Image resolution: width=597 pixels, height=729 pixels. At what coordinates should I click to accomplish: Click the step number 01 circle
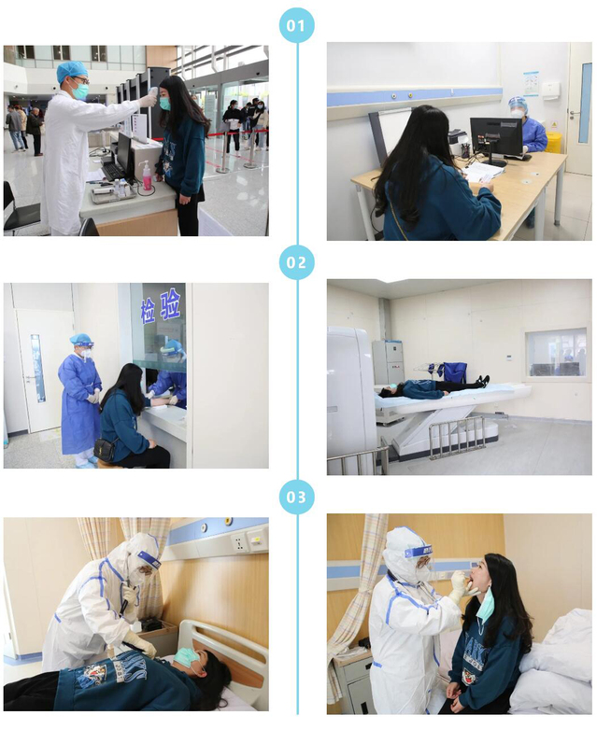(x=296, y=25)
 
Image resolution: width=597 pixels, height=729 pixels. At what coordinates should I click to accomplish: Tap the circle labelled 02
(x=296, y=262)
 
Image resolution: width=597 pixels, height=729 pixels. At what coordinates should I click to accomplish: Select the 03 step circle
(x=296, y=497)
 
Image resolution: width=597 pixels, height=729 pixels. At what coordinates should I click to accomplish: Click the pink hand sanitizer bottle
(x=147, y=175)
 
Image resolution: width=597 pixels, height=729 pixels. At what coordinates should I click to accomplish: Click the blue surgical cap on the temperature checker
(x=72, y=71)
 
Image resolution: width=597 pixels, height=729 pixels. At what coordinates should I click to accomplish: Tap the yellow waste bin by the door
(x=554, y=142)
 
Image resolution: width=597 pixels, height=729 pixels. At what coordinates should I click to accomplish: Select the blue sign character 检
(x=148, y=312)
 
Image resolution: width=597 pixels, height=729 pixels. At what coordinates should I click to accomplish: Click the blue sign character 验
(x=170, y=304)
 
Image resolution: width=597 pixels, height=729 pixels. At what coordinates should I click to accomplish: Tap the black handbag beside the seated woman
(x=106, y=450)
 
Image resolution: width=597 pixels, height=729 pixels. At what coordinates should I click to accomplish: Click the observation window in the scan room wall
(x=556, y=353)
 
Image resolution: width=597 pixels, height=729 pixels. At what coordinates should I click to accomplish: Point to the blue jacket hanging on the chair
(x=454, y=372)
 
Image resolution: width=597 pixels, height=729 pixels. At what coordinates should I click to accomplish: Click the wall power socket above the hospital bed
(x=239, y=543)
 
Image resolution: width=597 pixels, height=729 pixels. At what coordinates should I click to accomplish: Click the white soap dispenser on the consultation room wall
(x=551, y=90)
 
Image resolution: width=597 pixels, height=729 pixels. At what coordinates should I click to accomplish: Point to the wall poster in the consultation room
(x=531, y=84)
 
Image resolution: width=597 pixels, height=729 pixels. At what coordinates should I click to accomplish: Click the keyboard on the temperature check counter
(x=112, y=171)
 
